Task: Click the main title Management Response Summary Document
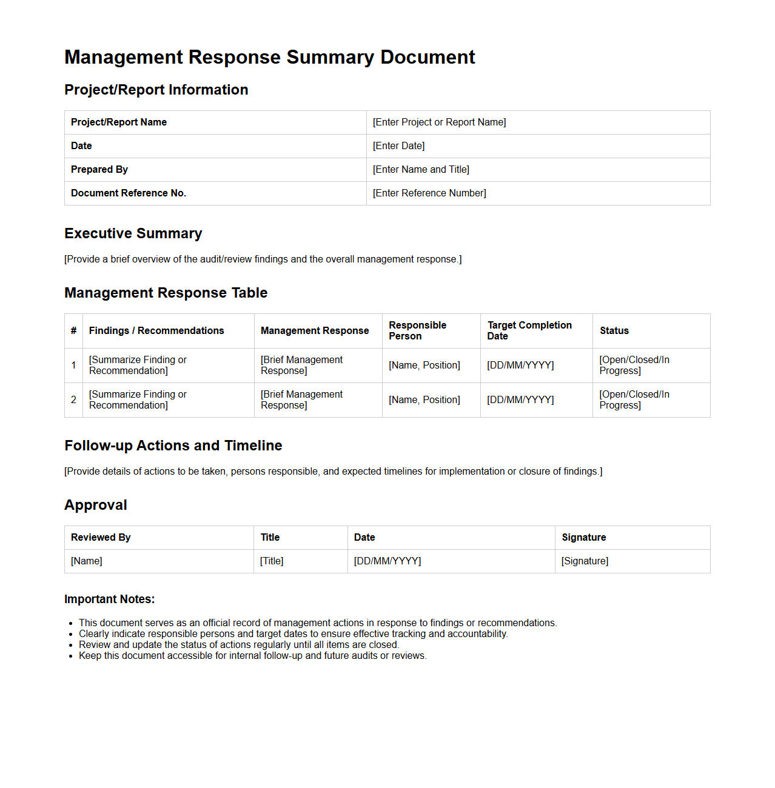click(x=269, y=57)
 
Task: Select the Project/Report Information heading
click(x=156, y=90)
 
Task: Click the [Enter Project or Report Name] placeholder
click(x=439, y=122)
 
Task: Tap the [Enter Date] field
click(x=398, y=146)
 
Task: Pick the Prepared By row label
click(x=99, y=170)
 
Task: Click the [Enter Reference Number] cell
click(x=429, y=193)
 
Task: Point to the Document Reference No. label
click(x=129, y=193)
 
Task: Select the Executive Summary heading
click(x=133, y=233)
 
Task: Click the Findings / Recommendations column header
click(x=156, y=331)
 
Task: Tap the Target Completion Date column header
click(x=529, y=331)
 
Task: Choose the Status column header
click(x=614, y=331)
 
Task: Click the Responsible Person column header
click(x=417, y=331)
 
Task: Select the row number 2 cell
click(x=73, y=400)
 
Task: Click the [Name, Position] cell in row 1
click(x=424, y=366)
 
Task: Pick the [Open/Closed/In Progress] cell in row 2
click(x=634, y=400)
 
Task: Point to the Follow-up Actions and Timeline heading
click(x=173, y=446)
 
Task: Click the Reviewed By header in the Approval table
click(x=101, y=538)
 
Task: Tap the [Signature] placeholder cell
click(x=585, y=561)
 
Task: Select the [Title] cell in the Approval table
click(x=272, y=561)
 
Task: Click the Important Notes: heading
click(x=109, y=599)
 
